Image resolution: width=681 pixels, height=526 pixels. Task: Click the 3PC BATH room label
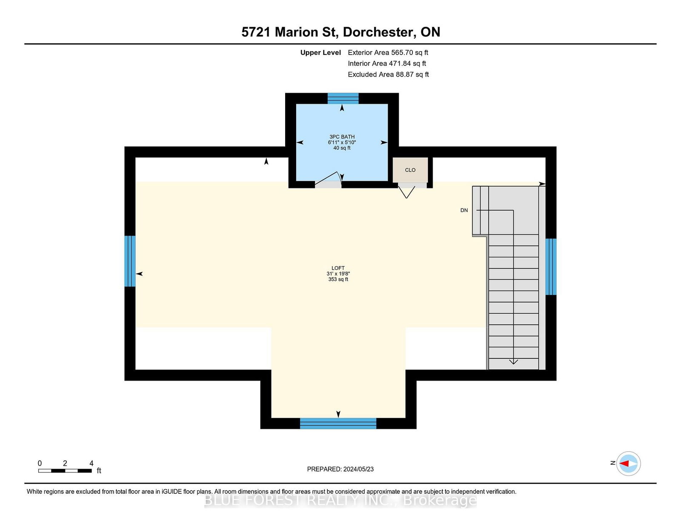(342, 137)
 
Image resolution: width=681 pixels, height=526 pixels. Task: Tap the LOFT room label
(338, 268)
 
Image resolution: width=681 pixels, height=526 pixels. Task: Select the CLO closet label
(410, 170)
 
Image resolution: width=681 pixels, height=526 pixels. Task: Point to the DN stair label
(464, 210)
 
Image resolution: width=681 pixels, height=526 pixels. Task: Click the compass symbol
(628, 463)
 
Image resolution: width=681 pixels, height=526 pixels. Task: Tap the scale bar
(65, 471)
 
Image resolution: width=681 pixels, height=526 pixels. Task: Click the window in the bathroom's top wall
(343, 98)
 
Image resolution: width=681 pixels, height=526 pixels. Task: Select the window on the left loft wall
(130, 261)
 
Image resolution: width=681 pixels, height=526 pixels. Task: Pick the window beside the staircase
(551, 267)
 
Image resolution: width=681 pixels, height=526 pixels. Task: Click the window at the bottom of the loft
(338, 423)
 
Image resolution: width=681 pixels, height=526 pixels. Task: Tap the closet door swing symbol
(406, 192)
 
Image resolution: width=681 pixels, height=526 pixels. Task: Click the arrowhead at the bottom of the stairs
(513, 362)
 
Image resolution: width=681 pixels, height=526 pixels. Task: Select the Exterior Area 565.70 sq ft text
(388, 53)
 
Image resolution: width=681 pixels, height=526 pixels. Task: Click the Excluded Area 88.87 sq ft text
(388, 74)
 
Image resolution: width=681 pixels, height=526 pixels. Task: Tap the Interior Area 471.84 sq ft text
(387, 63)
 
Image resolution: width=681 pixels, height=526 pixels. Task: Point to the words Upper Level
(320, 53)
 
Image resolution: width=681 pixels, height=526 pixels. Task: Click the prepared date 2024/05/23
(358, 469)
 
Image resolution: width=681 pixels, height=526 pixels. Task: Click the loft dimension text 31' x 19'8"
(338, 274)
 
